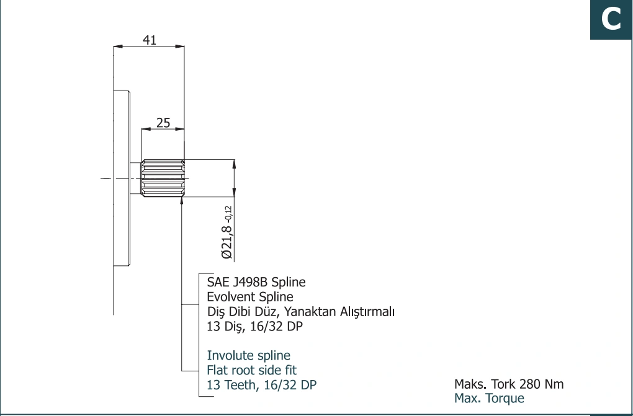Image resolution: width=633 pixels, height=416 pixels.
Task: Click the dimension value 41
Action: point(150,40)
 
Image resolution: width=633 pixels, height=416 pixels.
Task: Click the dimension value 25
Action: point(163,123)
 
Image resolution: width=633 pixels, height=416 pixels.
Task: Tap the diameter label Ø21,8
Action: point(227,242)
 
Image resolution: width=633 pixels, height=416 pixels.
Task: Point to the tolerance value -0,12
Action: point(228,214)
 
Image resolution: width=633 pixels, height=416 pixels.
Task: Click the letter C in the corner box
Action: point(611,19)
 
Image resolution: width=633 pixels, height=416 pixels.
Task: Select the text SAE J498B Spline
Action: point(256,281)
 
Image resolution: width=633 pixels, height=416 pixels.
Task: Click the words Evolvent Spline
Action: point(250,296)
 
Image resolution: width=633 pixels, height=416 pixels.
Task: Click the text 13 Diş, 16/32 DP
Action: point(254,326)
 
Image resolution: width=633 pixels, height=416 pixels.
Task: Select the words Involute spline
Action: point(248,355)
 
